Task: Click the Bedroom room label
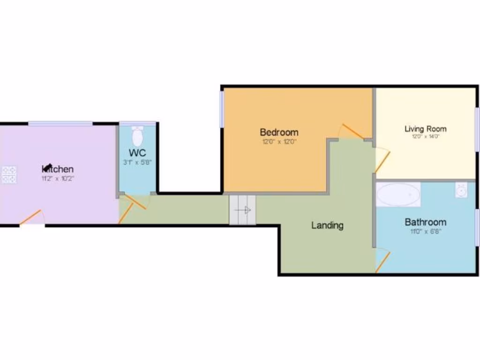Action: click(x=279, y=132)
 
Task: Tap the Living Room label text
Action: click(x=426, y=128)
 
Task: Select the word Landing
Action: click(x=327, y=225)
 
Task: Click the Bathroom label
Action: click(x=425, y=222)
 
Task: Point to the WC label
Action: click(x=137, y=153)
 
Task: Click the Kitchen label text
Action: click(x=58, y=169)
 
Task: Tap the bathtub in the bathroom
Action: click(x=398, y=195)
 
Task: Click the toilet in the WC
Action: click(x=137, y=135)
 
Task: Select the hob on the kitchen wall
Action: click(x=8, y=175)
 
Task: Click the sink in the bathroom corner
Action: click(x=461, y=190)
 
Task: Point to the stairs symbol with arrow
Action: click(x=243, y=210)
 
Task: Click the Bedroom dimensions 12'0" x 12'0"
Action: click(x=279, y=141)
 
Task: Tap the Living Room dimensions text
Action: click(x=426, y=137)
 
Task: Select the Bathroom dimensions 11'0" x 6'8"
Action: click(x=425, y=231)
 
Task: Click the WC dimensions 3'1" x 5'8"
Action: click(x=137, y=162)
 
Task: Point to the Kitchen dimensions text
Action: click(x=58, y=179)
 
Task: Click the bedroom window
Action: click(x=222, y=108)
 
